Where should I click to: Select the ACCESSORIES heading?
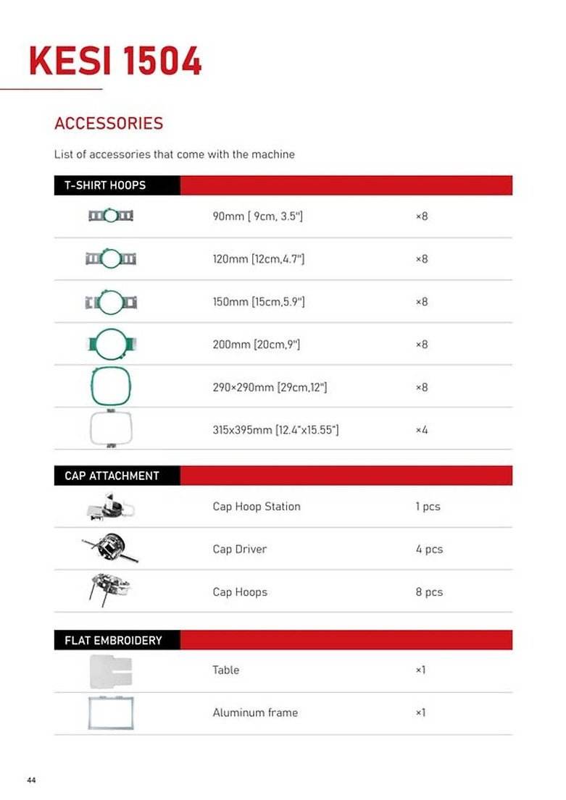109,123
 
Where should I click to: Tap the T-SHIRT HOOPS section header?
105,185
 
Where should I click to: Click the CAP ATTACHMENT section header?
112,476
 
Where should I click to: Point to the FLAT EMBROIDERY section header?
113,640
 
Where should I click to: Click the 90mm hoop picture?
110,216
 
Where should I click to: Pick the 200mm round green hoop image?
110,344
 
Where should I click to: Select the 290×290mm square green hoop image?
110,387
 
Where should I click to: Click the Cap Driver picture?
110,549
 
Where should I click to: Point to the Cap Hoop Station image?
110,507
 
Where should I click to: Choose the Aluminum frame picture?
110,712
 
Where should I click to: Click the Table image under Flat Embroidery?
110,670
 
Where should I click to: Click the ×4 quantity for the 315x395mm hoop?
422,430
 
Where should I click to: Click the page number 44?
31,780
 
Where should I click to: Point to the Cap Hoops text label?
240,592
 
